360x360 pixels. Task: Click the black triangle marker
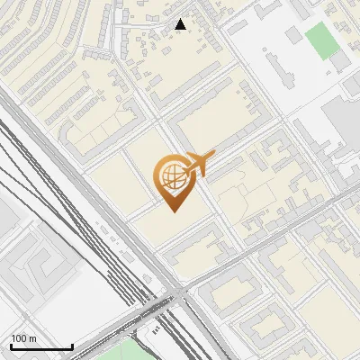tap(181, 24)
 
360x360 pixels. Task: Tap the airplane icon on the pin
tap(196, 165)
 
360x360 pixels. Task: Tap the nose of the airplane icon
tap(212, 155)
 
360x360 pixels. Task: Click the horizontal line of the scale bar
tap(41, 346)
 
